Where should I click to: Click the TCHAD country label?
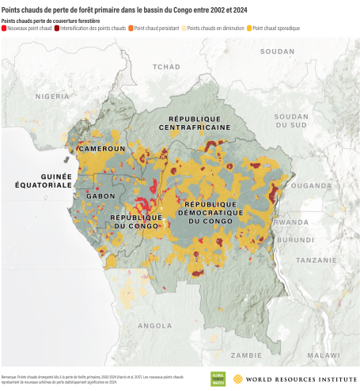pyautogui.click(x=167, y=67)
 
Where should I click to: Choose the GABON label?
pyautogui.click(x=100, y=195)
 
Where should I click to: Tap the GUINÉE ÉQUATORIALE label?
pyautogui.click(x=46, y=180)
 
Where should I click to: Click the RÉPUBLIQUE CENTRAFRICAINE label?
pyautogui.click(x=195, y=122)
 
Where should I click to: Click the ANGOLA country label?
pyautogui.click(x=154, y=325)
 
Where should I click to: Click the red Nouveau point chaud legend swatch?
pyautogui.click(x=5, y=27)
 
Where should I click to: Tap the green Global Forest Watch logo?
pyautogui.click(x=218, y=378)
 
